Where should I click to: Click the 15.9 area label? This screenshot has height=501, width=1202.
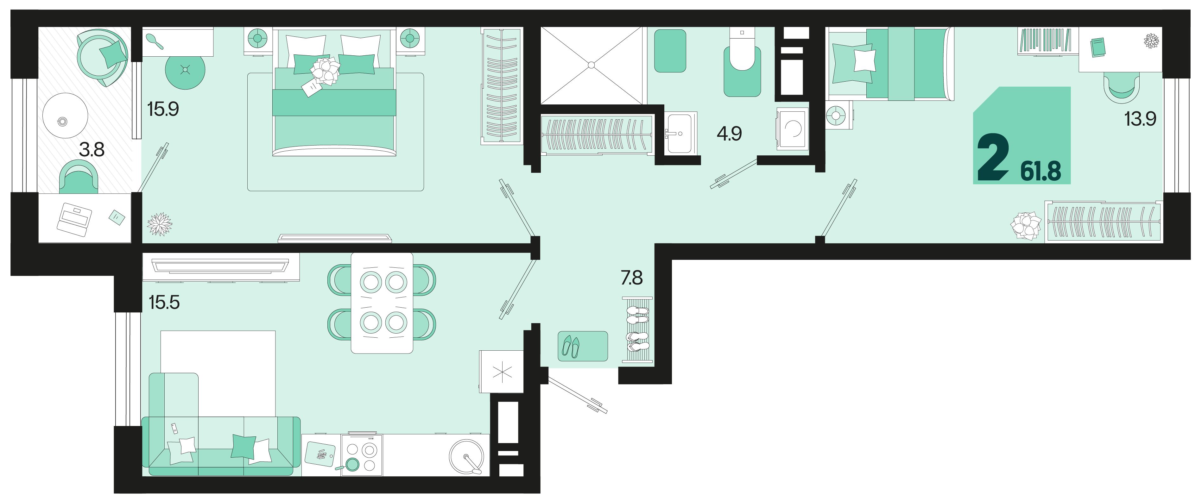tap(163, 109)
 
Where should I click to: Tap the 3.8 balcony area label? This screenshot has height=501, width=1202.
tap(92, 150)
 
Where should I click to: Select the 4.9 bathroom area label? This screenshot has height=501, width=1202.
tap(729, 134)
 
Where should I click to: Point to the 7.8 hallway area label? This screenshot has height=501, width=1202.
tap(631, 278)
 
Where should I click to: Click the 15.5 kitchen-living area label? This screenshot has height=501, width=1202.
tap(164, 302)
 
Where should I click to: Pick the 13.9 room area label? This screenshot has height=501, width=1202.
tap(1140, 119)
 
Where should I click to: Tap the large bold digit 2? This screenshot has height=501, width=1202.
tap(993, 157)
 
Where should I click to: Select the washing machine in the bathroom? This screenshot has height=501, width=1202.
tap(792, 128)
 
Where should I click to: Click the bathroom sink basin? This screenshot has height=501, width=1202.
tap(680, 134)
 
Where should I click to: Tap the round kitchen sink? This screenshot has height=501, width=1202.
tap(467, 457)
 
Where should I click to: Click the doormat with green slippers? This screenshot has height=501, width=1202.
tap(583, 346)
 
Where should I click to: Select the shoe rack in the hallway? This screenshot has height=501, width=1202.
tap(637, 329)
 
